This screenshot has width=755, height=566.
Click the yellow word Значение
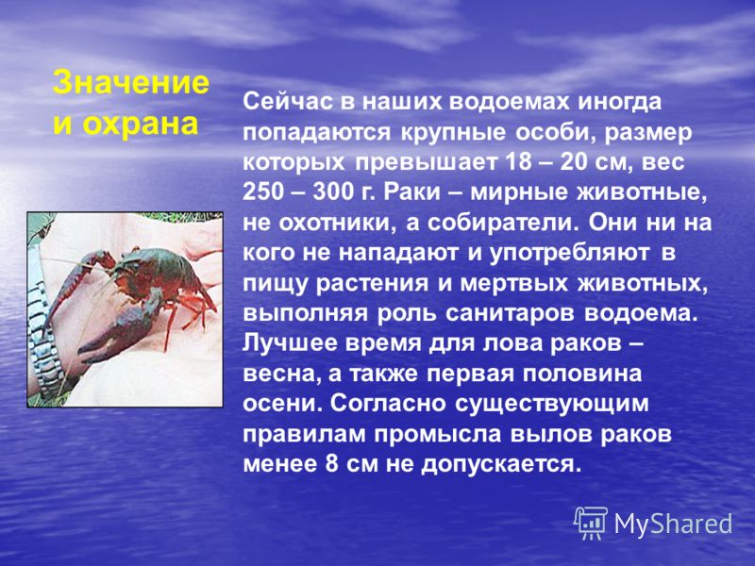point(131,83)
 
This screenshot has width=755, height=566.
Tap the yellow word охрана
point(140,124)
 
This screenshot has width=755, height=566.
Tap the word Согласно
point(388,404)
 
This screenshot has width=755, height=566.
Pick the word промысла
point(439,436)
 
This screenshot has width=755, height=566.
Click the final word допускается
point(498,465)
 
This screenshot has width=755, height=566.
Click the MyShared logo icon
point(591,523)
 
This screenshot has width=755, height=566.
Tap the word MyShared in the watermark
point(673,524)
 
